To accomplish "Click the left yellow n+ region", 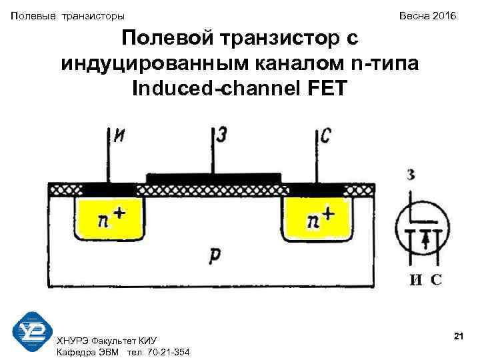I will click(x=110, y=219).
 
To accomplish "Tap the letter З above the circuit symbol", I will click(x=411, y=175).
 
